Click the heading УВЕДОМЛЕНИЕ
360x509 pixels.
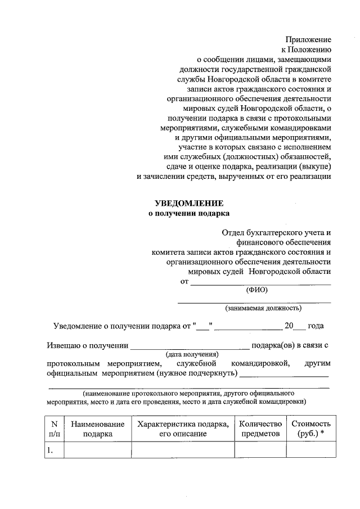coord(189,203)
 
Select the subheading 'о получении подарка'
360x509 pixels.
coord(189,214)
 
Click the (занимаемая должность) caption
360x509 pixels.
coord(263,308)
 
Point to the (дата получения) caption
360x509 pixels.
coord(191,354)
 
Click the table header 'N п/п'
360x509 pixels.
coord(55,429)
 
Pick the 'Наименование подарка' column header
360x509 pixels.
coord(98,429)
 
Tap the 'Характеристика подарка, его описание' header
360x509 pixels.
coord(183,429)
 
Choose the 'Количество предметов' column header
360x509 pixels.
coord(260,429)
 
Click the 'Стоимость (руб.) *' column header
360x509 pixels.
coord(310,429)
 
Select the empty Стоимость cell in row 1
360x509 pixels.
coord(310,450)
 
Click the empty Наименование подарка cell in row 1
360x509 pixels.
coord(98,450)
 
